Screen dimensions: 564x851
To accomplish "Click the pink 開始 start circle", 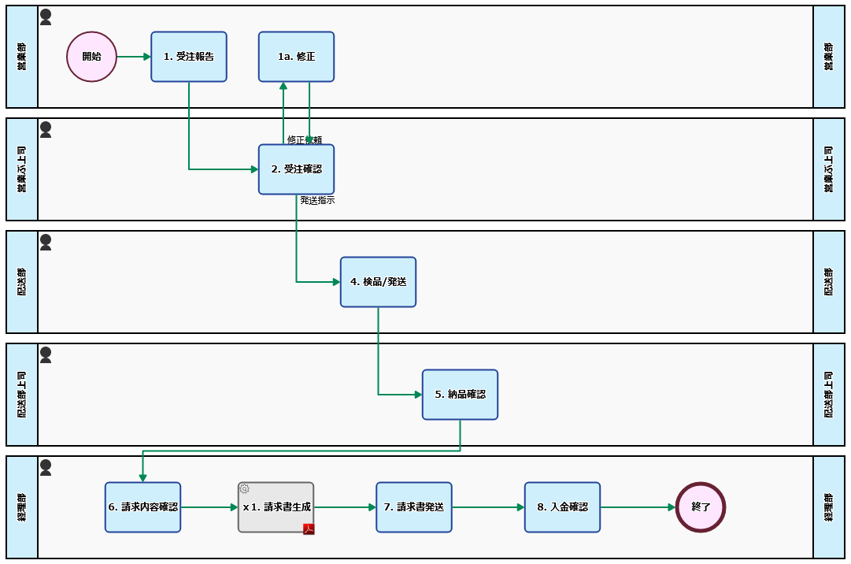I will coord(91,57).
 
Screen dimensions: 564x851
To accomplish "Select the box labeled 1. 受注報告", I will coord(189,57).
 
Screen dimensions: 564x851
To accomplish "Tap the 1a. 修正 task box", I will coord(296,57).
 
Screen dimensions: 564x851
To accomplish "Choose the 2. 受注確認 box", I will coord(296,169).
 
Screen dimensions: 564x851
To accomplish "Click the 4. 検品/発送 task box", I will coord(378,282).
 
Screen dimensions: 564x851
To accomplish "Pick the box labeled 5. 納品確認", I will coord(460,395).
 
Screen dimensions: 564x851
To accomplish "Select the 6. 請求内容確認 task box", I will coord(142,507).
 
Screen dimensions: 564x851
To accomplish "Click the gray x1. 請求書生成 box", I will coord(276,507).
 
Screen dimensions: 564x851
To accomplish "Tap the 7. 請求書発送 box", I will coord(413,507).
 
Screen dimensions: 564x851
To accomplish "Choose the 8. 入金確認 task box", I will coord(562,507).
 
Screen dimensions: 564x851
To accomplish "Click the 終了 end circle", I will coord(700,507).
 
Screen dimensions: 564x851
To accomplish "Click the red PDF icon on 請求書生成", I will coord(309,529).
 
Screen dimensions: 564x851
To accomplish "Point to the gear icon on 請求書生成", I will coord(244,488).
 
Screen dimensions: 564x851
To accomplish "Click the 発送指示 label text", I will coord(317,201).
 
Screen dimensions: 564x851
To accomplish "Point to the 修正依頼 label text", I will coord(304,139).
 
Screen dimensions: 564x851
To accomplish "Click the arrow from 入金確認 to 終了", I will coord(638,507).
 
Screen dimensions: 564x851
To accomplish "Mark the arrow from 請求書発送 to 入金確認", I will coord(488,507).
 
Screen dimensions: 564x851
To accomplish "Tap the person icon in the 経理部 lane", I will coord(46,467).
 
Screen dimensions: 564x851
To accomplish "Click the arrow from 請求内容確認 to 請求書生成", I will coord(209,507).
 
